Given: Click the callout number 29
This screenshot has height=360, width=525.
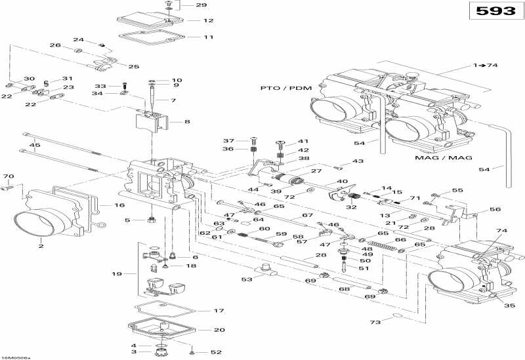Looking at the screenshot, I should coord(201,5).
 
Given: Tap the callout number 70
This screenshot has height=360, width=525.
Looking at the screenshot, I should coord(9,177).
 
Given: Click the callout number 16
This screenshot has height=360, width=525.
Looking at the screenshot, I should coord(119,205).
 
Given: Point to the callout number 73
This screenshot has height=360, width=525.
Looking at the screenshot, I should coord(375,323).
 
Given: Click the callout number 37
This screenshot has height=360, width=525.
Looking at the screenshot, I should coord(228,141).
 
